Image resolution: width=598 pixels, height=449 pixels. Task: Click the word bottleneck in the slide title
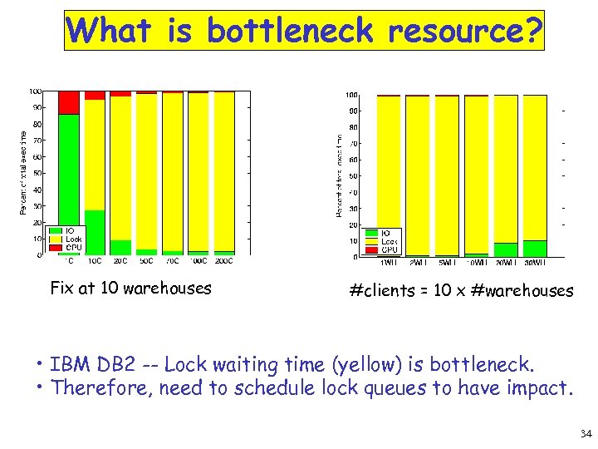click(x=291, y=32)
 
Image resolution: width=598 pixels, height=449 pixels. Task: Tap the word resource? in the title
click(x=464, y=32)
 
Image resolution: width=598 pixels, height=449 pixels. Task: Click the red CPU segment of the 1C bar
click(x=69, y=101)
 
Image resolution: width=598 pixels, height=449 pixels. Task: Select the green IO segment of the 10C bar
click(x=95, y=232)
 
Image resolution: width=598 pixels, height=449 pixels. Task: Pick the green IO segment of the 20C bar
click(x=120, y=247)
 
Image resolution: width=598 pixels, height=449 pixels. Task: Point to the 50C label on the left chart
click(x=146, y=261)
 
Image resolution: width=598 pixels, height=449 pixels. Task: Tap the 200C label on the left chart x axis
click(x=223, y=261)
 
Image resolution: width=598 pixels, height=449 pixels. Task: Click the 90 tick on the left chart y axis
click(x=37, y=107)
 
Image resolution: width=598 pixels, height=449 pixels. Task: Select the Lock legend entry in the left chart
click(x=73, y=239)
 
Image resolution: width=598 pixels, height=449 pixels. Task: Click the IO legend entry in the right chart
click(x=386, y=234)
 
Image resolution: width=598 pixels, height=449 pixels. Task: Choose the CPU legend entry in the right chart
click(x=390, y=249)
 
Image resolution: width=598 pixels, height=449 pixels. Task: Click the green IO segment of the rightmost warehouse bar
click(x=535, y=248)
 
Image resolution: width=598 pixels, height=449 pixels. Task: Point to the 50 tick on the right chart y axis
click(x=352, y=176)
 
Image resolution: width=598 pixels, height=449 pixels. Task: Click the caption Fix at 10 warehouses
click(x=130, y=289)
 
